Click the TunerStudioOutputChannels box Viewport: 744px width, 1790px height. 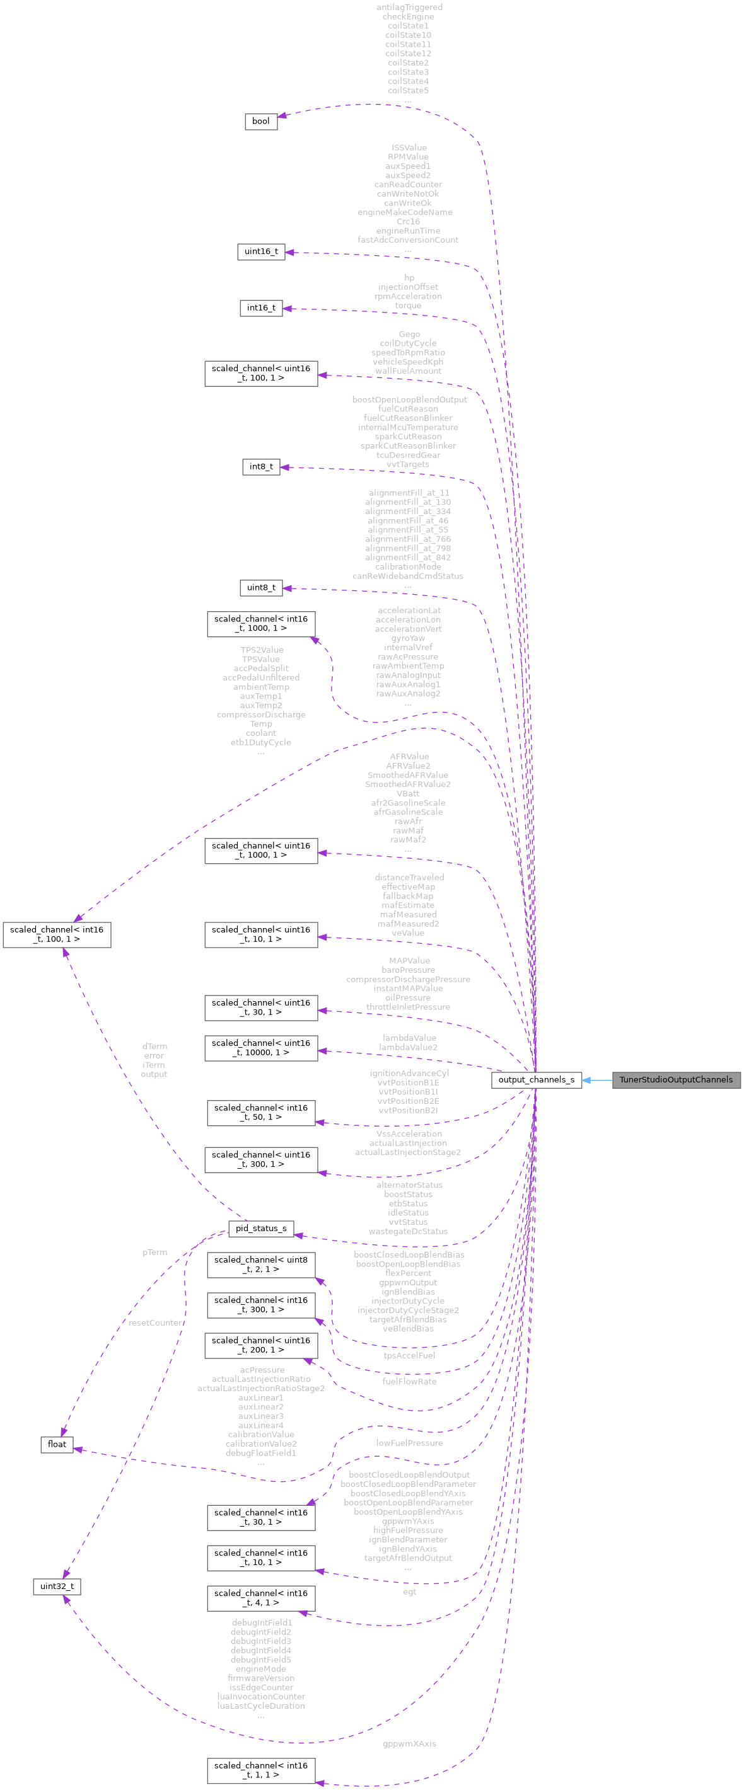tap(676, 1079)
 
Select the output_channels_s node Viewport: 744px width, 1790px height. tap(535, 1079)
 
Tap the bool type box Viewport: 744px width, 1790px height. tap(261, 121)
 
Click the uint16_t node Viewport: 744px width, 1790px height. tap(261, 251)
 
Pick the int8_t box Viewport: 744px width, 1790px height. tap(261, 466)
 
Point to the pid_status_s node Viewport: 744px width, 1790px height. tap(261, 1228)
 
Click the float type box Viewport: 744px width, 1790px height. tap(56, 1444)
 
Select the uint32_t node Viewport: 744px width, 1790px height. tap(56, 1586)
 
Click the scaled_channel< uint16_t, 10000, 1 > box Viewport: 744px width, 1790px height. tap(261, 1048)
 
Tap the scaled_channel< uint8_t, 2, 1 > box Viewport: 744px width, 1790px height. tap(261, 1264)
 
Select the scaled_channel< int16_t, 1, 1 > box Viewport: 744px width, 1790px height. tap(261, 1770)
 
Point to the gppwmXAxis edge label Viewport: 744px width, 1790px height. tap(409, 1743)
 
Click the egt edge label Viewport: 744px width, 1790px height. tap(409, 1592)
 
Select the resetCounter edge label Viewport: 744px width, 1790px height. tap(154, 1322)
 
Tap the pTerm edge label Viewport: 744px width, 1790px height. tap(154, 1252)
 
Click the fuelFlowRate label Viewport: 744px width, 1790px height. tap(409, 1382)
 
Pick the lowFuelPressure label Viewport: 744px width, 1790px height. tap(409, 1443)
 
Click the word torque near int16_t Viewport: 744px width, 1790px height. tap(408, 306)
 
